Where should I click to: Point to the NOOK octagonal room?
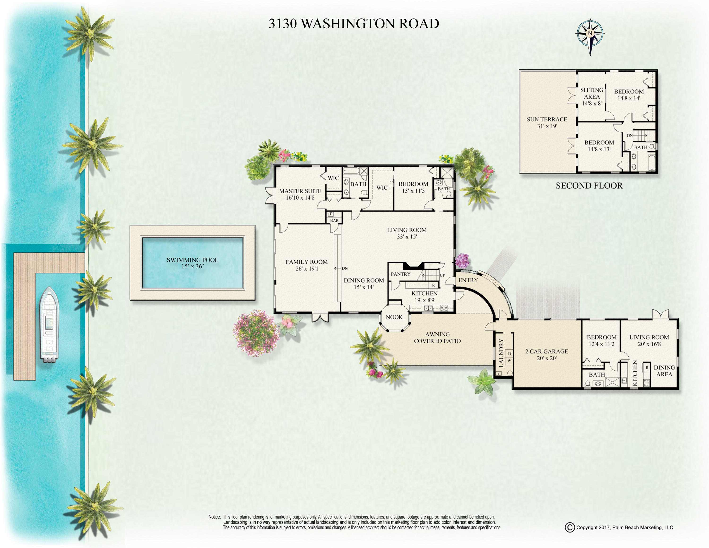(394, 317)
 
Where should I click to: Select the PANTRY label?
(401, 274)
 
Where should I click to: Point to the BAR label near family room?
(334, 220)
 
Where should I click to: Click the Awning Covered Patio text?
(437, 338)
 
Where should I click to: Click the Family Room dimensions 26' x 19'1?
(307, 269)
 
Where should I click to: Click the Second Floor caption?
(589, 186)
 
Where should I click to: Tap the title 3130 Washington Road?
(354, 24)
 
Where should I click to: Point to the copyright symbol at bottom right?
(570, 527)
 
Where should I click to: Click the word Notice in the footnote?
(215, 517)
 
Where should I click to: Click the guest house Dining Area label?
(664, 371)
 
